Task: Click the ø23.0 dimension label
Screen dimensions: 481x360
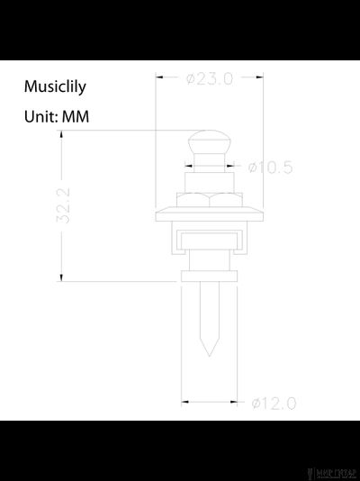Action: pos(210,78)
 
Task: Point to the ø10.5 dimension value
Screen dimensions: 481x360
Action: pos(271,167)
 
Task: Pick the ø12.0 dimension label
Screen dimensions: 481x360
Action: pos(274,403)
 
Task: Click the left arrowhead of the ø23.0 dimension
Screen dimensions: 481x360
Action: pos(159,78)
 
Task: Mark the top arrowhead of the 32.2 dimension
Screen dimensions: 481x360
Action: pos(61,134)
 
